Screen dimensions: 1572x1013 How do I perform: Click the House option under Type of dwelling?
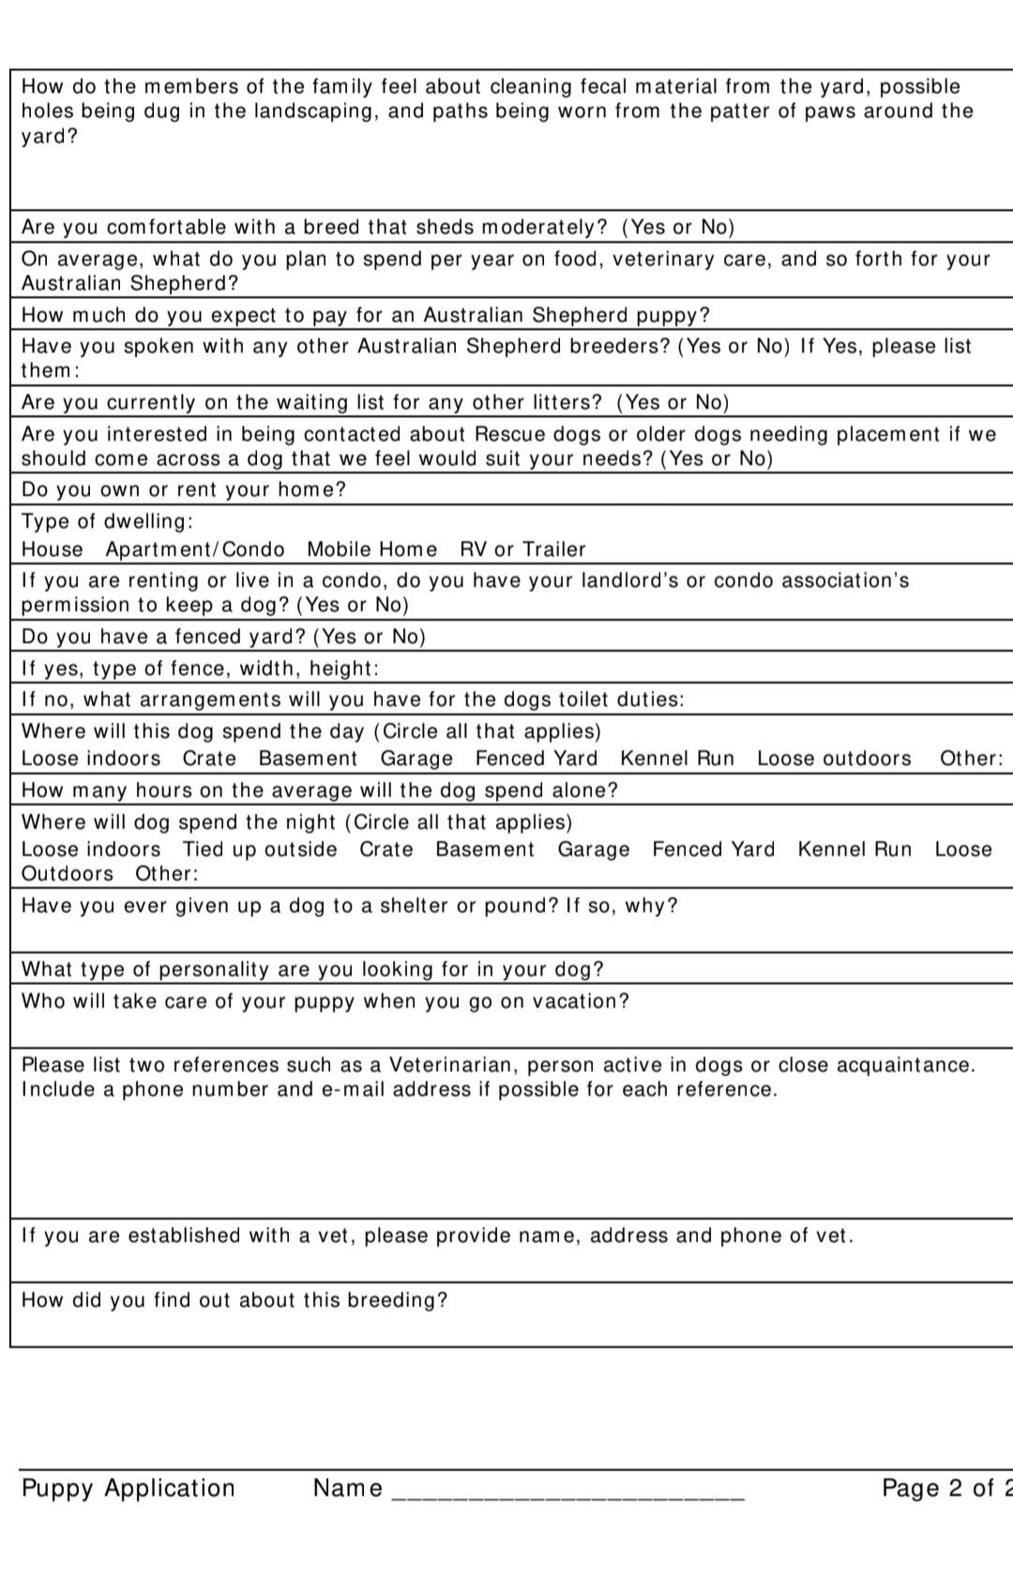pos(53,549)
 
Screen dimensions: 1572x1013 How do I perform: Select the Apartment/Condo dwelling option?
pos(195,549)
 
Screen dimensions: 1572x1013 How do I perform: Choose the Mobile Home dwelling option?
pos(371,549)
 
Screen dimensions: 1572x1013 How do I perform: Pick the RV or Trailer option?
pos(522,549)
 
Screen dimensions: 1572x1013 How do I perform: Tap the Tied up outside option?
pos(260,849)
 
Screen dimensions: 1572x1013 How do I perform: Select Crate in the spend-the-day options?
pos(209,758)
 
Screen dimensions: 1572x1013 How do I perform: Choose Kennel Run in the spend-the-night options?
pos(854,849)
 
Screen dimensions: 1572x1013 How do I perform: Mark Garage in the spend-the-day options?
pos(416,758)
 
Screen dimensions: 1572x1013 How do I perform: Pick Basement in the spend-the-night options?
pos(485,849)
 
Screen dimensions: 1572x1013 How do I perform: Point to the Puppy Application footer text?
pos(129,1489)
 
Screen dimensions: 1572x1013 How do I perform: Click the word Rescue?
pos(511,434)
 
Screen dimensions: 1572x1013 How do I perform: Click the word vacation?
pos(581,1001)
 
